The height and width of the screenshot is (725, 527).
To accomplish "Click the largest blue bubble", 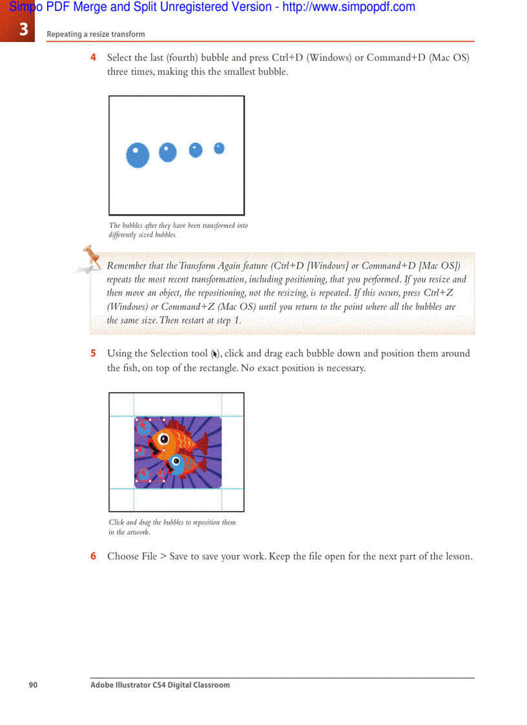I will point(138,155).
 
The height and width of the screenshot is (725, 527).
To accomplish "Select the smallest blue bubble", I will point(219,148).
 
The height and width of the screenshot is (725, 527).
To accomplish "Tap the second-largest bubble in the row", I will point(167,152).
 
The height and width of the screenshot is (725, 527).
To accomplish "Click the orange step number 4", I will point(94,57).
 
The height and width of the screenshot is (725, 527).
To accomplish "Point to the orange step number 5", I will point(94,353).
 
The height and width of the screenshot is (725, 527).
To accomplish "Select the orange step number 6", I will point(94,556).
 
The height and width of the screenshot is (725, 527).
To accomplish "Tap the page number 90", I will point(33,685).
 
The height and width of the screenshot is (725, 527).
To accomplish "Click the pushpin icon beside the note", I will point(91,257).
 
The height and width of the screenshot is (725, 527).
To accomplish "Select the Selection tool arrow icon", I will point(215,354).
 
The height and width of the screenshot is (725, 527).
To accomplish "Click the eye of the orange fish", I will point(164,439).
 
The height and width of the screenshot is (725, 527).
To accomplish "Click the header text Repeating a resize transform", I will point(96,34).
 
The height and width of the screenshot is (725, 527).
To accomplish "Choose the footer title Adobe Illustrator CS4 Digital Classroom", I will point(160,685).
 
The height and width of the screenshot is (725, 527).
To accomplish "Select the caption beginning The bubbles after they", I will point(178,230).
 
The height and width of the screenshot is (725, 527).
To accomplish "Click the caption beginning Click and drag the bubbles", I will point(172,527).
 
